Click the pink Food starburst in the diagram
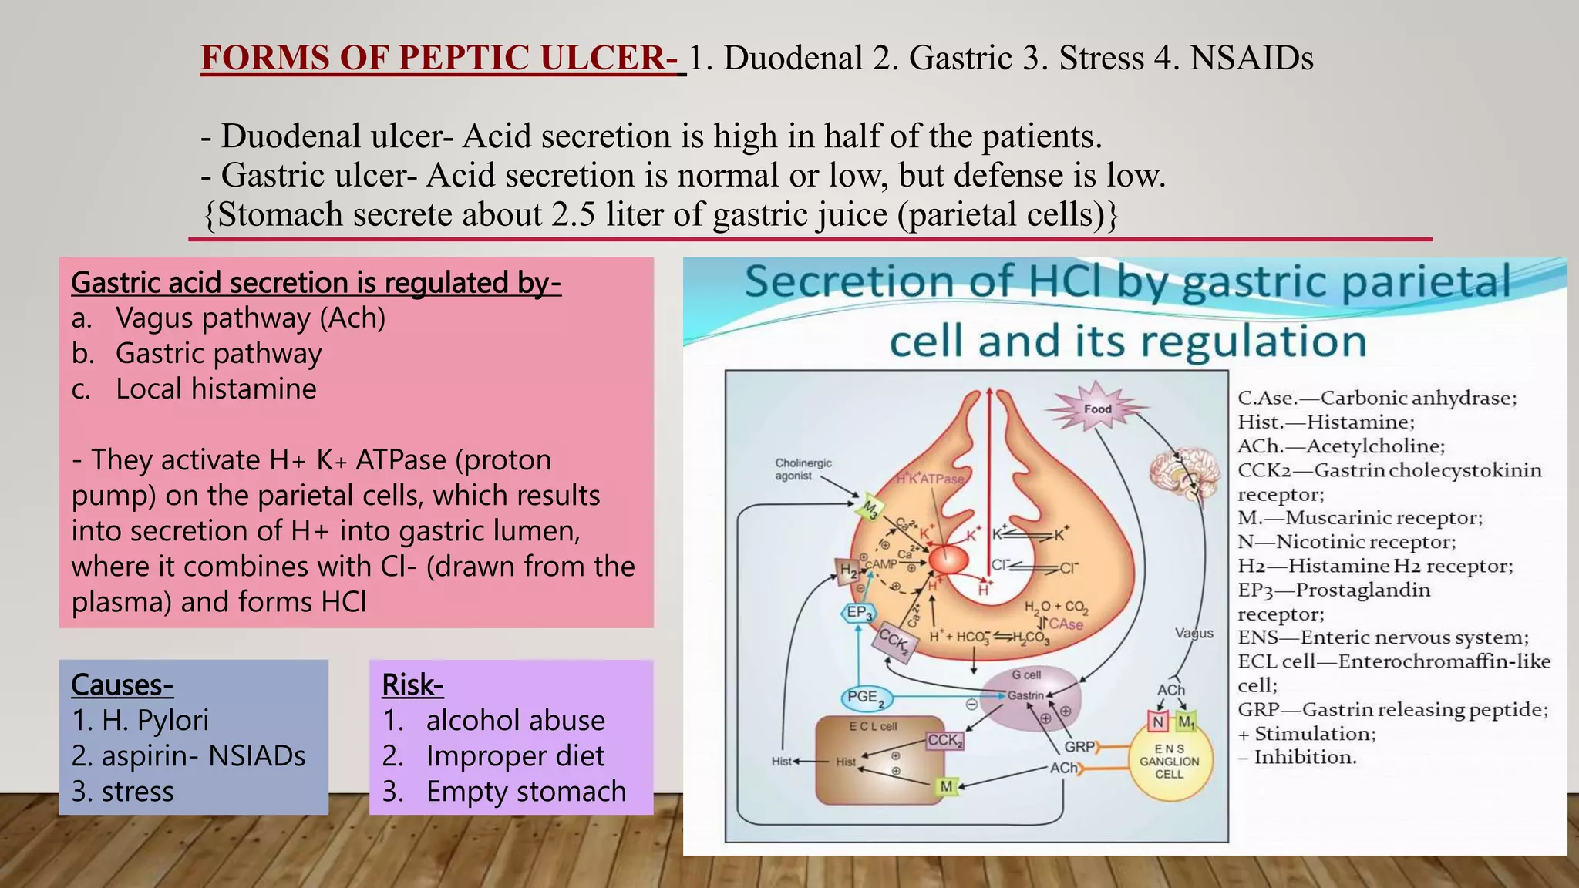pos(1098,409)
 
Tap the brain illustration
pos(1184,471)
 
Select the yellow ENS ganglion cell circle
pos(1169,761)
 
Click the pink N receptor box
pos(1158,722)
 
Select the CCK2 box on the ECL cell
pos(944,741)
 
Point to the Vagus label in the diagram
pos(1194,633)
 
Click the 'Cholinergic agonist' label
pos(803,469)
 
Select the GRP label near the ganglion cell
pos(1079,747)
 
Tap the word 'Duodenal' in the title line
pos(793,59)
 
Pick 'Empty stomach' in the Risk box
pos(526,792)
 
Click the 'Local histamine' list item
pos(216,388)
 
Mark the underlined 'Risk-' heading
pos(412,684)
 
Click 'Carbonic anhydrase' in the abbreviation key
pos(1418,398)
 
